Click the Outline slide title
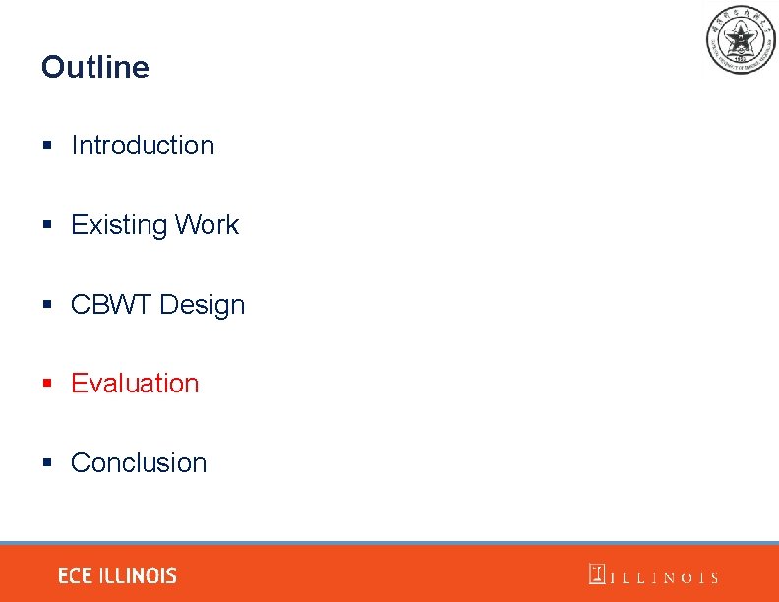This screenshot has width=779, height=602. coord(95,67)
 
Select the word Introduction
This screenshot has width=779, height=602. coord(143,146)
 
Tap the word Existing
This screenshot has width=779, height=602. coord(119,225)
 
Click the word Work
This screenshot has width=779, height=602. coord(207,225)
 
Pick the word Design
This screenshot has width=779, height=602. coord(202,305)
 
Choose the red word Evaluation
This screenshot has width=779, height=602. coord(135,384)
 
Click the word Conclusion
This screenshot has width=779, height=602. coord(139,463)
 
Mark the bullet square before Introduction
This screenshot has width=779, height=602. coord(47,146)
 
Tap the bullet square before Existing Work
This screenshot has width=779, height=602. coord(47,225)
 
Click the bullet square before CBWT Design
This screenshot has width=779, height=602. coord(47,305)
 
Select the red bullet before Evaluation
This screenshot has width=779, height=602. coord(47,384)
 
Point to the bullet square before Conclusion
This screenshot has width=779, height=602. coord(47,463)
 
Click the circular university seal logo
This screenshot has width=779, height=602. coord(741,39)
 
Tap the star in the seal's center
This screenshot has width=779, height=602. coord(741,38)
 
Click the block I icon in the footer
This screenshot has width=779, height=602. coord(597,574)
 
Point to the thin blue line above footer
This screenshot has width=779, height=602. coord(389,543)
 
